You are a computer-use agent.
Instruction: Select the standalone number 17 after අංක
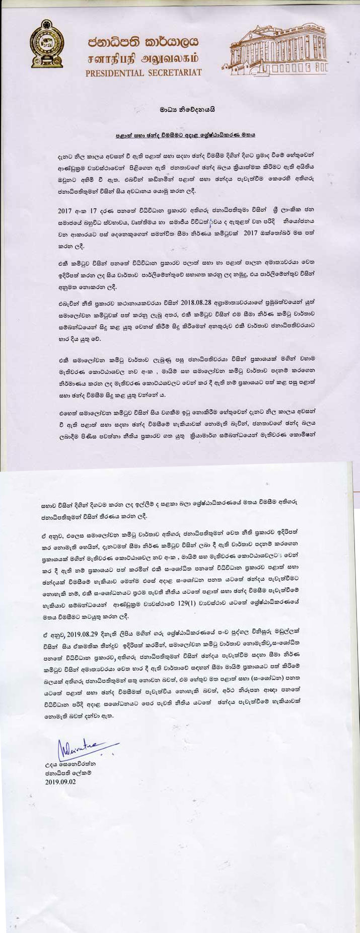click(x=97, y=208)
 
